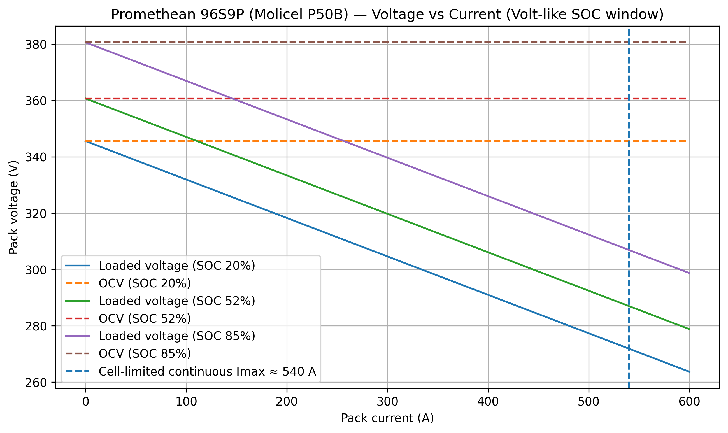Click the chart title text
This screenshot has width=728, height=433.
[x=387, y=15]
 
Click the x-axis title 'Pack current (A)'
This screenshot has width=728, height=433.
[x=387, y=418]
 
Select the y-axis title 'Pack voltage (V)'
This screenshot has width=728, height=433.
[x=13, y=207]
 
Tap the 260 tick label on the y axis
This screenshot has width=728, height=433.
[x=36, y=383]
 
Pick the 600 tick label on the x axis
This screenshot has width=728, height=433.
[x=689, y=402]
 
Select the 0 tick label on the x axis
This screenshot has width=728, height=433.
[x=85, y=402]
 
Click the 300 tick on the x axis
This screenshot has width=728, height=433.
[x=387, y=402]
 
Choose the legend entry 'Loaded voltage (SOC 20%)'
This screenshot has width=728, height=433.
[x=177, y=266]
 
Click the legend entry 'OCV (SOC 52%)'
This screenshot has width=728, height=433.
[x=145, y=319]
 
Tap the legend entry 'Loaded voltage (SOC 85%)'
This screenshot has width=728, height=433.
[x=177, y=336]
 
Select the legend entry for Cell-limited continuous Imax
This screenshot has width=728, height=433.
[x=207, y=371]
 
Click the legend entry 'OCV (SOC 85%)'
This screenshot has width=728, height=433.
[x=145, y=354]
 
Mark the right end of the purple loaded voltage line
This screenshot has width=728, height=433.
[x=689, y=273]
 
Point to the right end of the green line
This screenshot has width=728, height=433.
[x=689, y=329]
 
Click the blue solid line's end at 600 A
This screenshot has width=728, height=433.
[x=689, y=372]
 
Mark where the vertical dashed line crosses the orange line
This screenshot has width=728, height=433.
[x=629, y=141]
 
